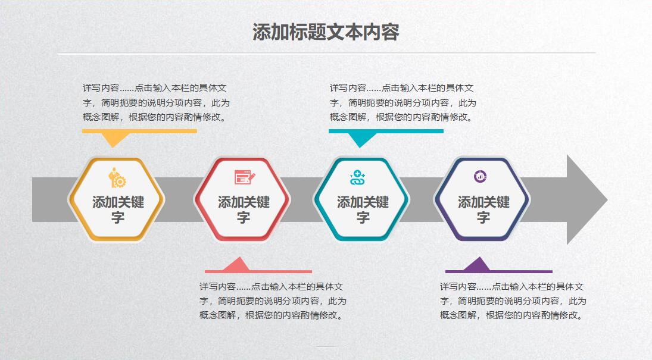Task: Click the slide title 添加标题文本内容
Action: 326,32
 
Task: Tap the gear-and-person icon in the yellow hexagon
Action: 117,178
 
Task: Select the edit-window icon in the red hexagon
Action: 245,177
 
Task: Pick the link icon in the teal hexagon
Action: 357,177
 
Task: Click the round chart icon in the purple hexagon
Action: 481,176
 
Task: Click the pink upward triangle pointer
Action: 237,264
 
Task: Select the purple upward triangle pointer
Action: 478,264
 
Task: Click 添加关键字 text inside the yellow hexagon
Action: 118,209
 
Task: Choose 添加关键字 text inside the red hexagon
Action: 244,209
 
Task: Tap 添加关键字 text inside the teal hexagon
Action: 363,209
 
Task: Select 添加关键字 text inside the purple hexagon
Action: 483,209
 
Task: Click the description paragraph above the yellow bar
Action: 156,102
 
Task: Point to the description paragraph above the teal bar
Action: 403,102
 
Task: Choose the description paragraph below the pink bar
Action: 273,301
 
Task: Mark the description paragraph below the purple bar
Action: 513,301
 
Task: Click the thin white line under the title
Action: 326,53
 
